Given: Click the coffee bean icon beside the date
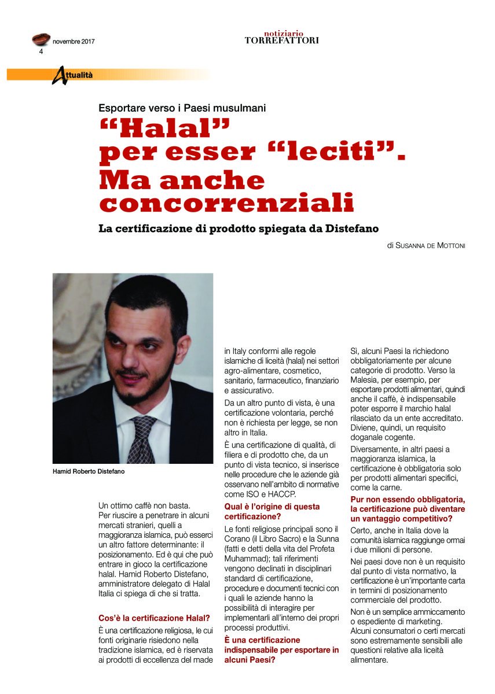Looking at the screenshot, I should coord(41,40).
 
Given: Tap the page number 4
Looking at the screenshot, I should coord(41,51).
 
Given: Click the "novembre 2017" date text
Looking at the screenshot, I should coord(74,42).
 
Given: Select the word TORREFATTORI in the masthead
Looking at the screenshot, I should coord(281,40).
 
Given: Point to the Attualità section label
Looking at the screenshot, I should coord(72,75).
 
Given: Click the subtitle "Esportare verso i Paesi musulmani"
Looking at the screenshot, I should coord(182,107).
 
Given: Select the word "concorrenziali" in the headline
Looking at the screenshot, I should coord(226,204).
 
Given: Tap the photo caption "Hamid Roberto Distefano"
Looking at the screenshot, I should coord(89,471).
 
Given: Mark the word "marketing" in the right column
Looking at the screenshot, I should coord(420,621).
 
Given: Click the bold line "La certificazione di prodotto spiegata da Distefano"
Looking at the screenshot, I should coord(239,228).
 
